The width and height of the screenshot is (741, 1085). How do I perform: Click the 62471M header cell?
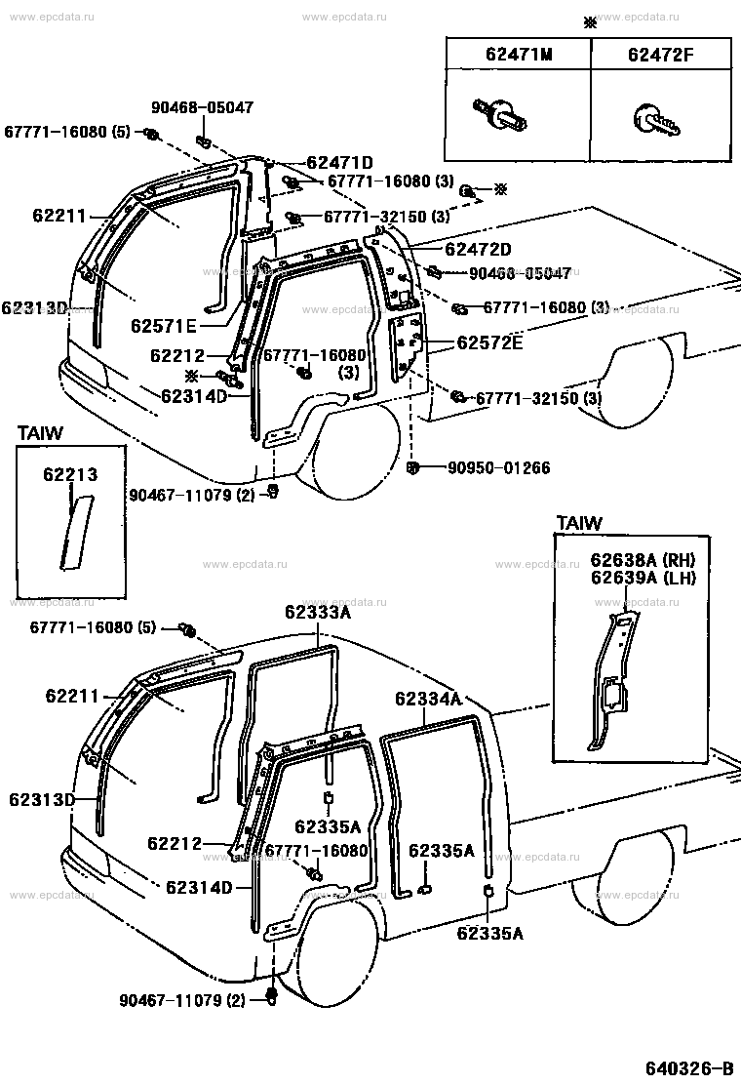coord(519,54)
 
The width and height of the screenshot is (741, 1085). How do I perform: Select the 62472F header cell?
coord(661,54)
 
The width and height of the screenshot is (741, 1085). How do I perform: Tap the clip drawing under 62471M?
coord(500,115)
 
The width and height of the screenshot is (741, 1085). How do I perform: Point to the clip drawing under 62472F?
coord(657,120)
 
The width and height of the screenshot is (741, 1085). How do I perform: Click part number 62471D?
coord(339,163)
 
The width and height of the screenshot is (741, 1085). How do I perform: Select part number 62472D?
coord(479,249)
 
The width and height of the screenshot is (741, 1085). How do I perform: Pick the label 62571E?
coord(164,325)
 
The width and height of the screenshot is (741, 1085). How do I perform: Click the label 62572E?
coord(489,342)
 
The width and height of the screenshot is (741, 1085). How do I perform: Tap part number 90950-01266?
coord(499,467)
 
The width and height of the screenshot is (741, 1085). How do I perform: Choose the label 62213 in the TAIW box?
coord(70,474)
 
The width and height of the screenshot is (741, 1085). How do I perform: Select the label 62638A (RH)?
coord(643,560)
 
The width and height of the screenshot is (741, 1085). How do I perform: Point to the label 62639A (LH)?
coord(643,578)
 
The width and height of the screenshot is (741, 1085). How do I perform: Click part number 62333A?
coord(318,612)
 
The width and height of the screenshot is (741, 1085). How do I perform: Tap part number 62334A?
coord(429,699)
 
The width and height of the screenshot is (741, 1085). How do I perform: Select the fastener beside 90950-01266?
coord(412,468)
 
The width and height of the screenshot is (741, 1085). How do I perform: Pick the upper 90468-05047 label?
coord(203,107)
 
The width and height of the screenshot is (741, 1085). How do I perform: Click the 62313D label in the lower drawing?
coord(42,800)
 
